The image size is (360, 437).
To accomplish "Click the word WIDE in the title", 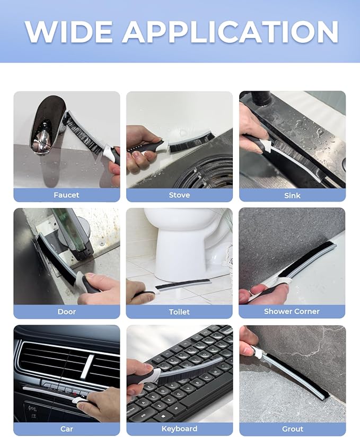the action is click(x=69, y=31).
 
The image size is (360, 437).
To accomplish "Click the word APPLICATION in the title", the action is click(x=230, y=31).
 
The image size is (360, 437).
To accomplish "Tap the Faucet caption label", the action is click(x=66, y=195).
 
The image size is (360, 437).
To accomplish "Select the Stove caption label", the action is click(x=179, y=195).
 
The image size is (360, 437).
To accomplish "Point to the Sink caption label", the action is click(x=292, y=195).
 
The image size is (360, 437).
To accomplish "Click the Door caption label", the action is click(x=67, y=311).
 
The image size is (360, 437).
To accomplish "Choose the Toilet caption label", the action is click(x=179, y=312).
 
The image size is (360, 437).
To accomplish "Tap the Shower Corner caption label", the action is click(x=292, y=311).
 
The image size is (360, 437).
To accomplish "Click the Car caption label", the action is click(x=67, y=429).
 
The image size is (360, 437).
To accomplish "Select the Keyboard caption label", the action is click(x=179, y=429).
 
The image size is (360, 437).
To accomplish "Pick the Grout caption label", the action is click(x=292, y=429).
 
